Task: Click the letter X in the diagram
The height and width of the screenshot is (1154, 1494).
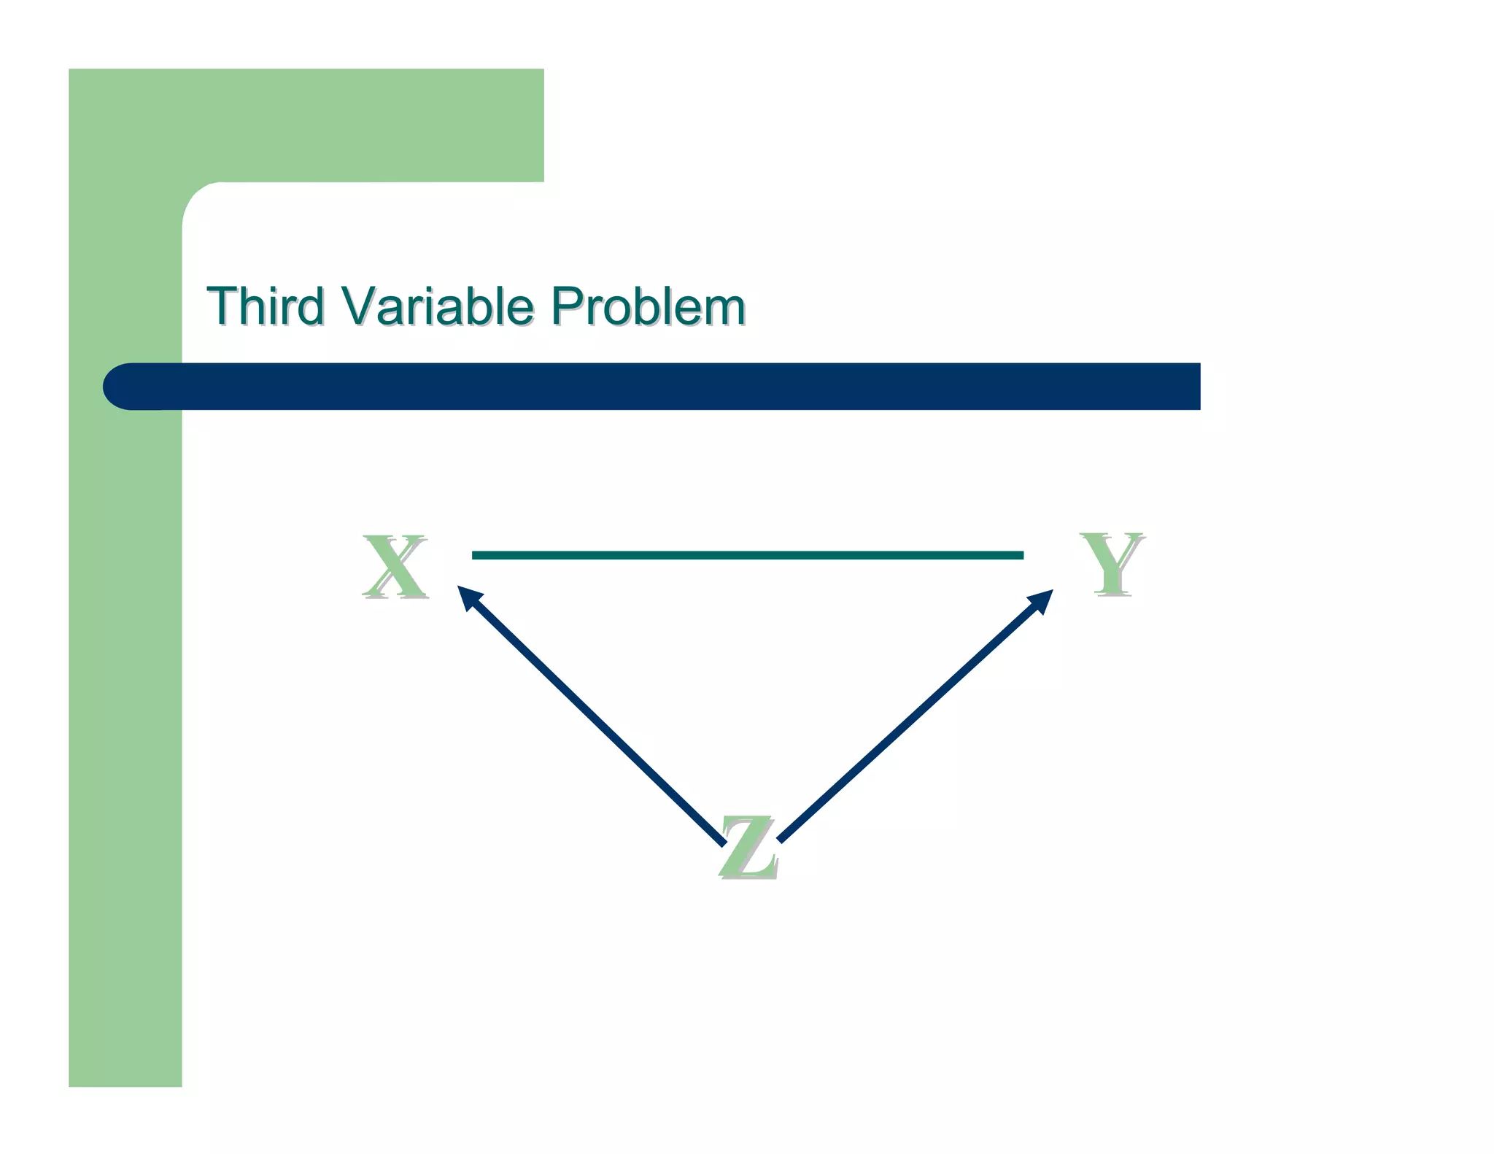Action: pos(395,566)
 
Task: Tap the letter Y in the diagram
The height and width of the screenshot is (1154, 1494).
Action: pos(1112,563)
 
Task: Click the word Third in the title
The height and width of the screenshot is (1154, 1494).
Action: pos(266,306)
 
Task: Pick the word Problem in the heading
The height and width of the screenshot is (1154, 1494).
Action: pos(648,306)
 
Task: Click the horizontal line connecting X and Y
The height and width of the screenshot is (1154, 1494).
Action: pos(747,555)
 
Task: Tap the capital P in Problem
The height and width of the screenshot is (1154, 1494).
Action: pos(568,306)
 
